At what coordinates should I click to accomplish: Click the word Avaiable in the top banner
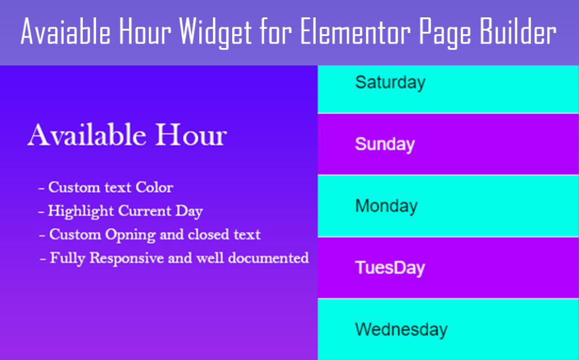pos(66,31)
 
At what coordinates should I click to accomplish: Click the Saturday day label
pos(390,83)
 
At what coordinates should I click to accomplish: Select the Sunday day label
pos(385,144)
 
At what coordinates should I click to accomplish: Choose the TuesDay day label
pos(390,268)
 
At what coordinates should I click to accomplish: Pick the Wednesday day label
pos(401,329)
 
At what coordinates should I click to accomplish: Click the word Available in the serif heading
pos(87,135)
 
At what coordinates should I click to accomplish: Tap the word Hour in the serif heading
pos(190,135)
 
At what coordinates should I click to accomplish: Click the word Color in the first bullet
pos(155,187)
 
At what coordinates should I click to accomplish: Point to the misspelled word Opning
pos(130,235)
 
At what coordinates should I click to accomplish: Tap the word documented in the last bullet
pos(269,258)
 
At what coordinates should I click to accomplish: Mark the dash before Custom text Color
pos(41,189)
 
